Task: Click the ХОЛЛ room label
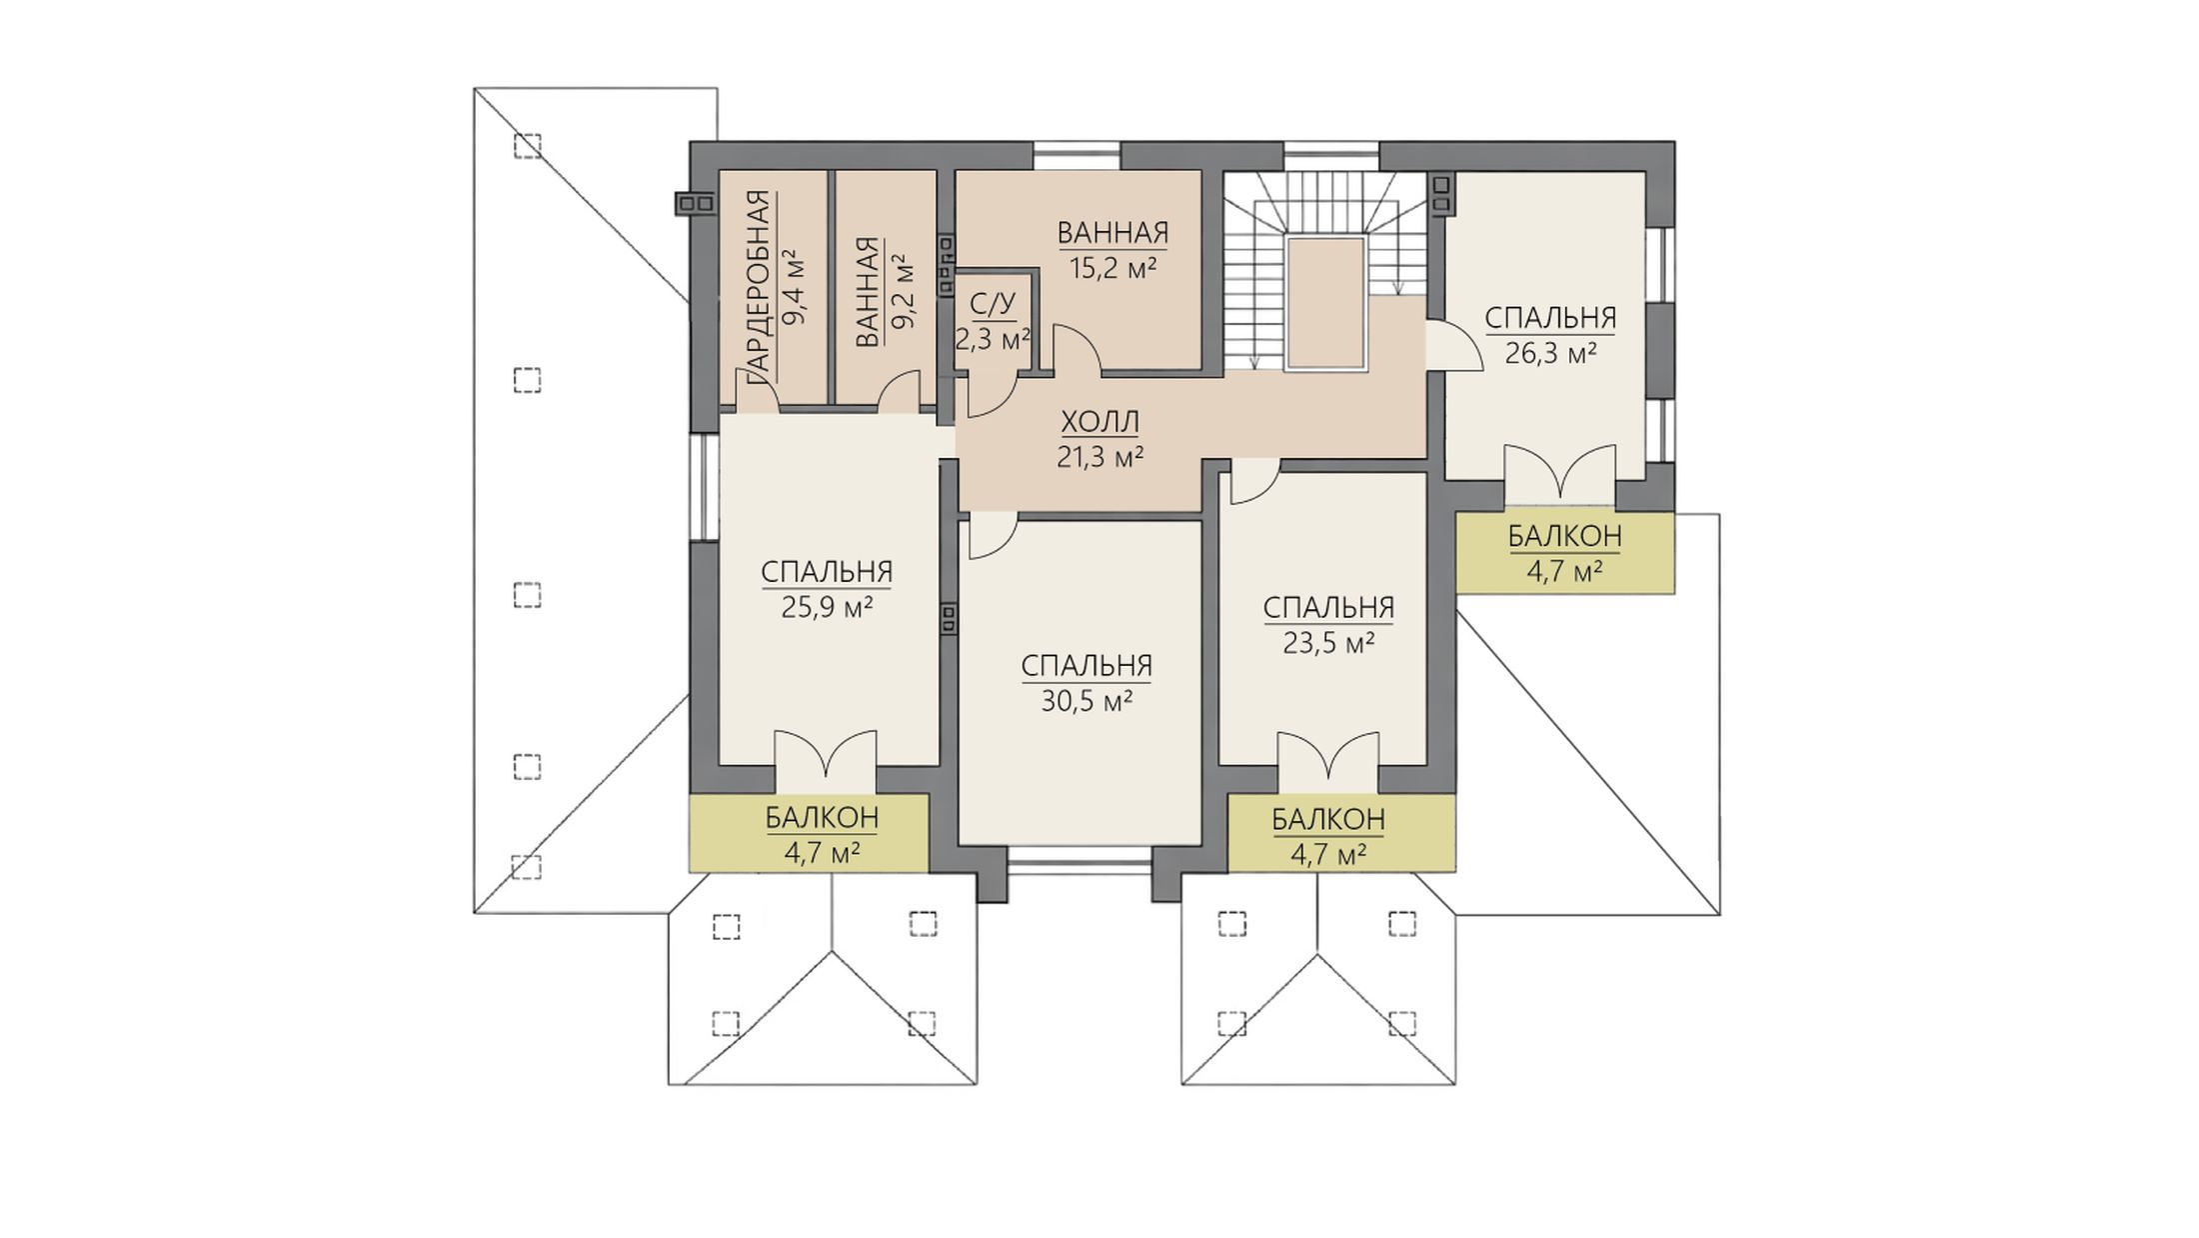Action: [1099, 422]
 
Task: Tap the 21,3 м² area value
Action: [1099, 458]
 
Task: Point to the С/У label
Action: [993, 304]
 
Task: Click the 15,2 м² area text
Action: [1112, 268]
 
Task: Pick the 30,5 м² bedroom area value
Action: [1087, 702]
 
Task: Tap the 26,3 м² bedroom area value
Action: [1550, 354]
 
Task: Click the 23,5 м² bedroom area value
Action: [1328, 643]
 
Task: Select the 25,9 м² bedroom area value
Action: [827, 608]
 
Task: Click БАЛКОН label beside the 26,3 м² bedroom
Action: [1564, 537]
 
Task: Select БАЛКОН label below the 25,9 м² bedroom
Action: [822, 818]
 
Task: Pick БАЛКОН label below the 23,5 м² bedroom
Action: [1328, 820]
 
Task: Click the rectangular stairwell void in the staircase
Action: [1325, 303]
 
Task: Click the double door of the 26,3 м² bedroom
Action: [1560, 472]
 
